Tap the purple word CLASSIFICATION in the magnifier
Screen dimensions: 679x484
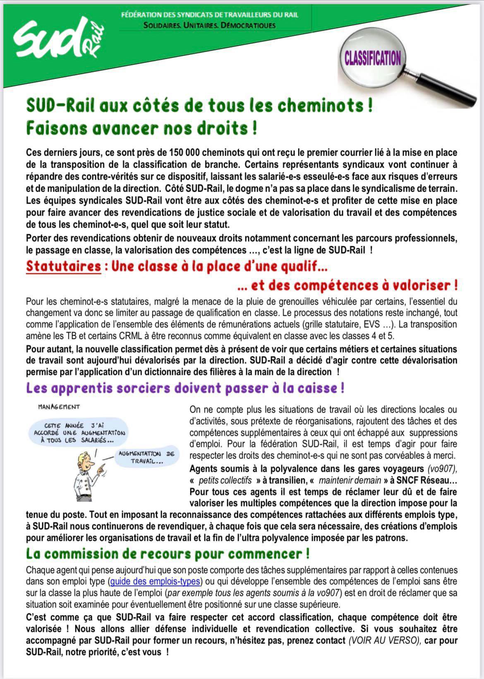(373, 58)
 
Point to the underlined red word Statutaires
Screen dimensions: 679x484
(63, 266)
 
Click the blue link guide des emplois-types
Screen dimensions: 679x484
(155, 581)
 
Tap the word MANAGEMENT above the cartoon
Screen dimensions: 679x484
(59, 407)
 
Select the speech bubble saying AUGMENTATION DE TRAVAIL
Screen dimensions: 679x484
(146, 457)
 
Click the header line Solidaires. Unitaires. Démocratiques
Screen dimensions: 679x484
(209, 25)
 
